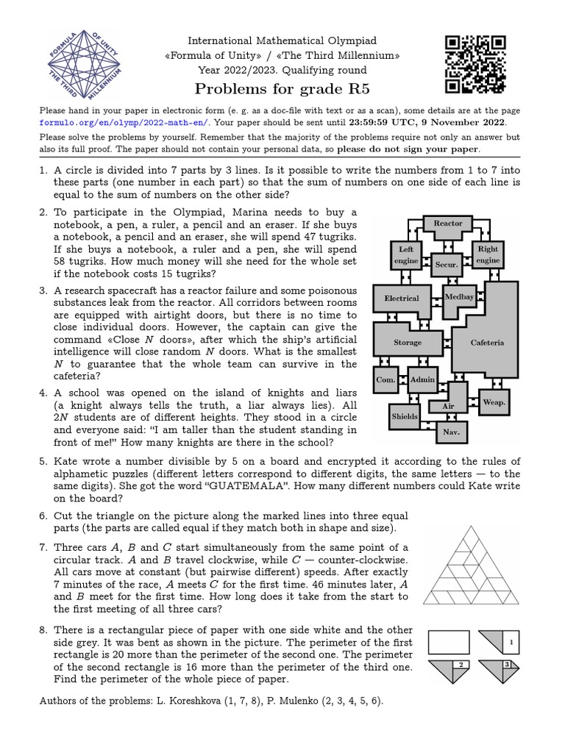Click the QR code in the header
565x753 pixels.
475,65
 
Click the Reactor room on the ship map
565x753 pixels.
448,224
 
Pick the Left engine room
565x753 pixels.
405,255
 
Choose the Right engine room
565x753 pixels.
488,254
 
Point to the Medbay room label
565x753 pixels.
460,297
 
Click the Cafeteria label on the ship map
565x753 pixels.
487,343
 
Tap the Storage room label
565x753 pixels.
408,343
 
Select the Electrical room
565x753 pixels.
402,299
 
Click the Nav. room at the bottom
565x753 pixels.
450,432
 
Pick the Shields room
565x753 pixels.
404,416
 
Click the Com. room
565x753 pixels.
385,379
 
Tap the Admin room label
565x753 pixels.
422,379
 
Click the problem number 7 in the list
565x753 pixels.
43,548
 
